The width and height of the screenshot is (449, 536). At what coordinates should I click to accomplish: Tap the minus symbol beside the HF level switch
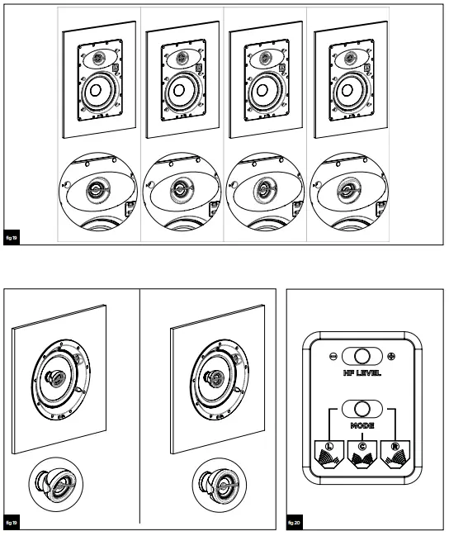click(x=332, y=357)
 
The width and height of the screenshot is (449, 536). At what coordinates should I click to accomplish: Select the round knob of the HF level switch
click(x=362, y=357)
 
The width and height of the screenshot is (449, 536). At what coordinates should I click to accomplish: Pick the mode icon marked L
click(x=330, y=453)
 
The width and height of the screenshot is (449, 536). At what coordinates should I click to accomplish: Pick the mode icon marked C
click(x=362, y=453)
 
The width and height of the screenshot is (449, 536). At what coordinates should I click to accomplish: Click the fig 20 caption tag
click(x=296, y=524)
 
